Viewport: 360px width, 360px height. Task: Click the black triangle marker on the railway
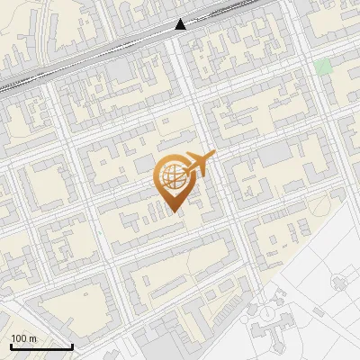click(x=181, y=24)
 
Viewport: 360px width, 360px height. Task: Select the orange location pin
click(x=174, y=181)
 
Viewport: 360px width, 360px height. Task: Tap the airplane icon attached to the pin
click(x=200, y=165)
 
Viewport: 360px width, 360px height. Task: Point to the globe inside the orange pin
click(x=173, y=175)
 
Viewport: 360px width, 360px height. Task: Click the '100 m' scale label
click(x=24, y=338)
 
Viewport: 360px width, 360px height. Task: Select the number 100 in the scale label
click(x=20, y=338)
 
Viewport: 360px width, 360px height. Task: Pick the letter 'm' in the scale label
click(x=32, y=338)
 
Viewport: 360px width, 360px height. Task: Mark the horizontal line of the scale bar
click(x=40, y=346)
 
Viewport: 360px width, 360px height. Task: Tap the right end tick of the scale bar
click(x=72, y=345)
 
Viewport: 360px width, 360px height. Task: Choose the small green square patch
click(x=324, y=67)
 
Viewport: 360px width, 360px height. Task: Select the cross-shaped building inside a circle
click(x=338, y=283)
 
